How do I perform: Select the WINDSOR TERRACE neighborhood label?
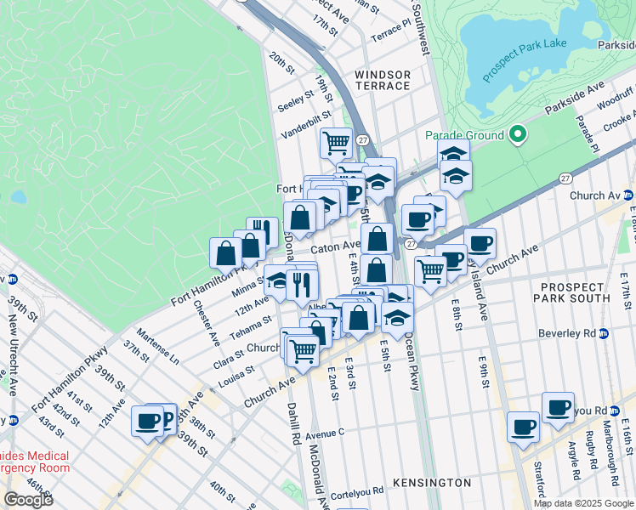(383, 81)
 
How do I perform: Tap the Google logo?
(28, 499)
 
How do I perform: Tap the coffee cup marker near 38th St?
(147, 421)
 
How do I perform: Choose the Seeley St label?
(296, 101)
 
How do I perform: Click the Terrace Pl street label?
(389, 31)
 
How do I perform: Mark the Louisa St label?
(237, 373)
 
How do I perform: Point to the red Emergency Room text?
(34, 468)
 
